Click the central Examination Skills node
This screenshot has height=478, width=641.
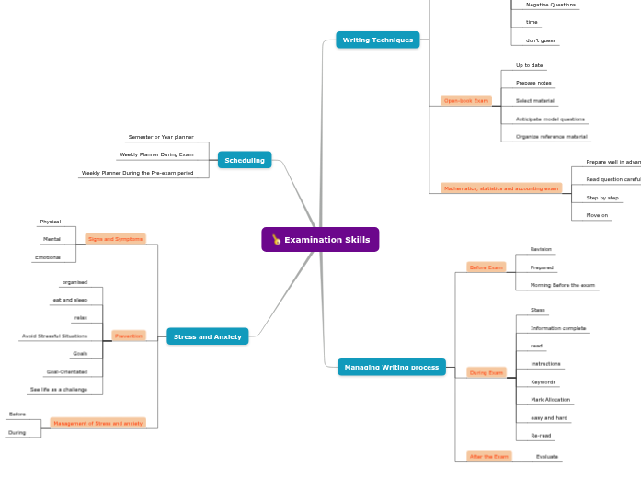320,240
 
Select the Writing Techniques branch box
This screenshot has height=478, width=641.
377,40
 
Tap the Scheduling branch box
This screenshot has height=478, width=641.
245,160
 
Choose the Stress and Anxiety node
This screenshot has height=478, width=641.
207,336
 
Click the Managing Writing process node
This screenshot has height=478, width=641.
391,367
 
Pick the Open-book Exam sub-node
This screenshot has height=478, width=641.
465,100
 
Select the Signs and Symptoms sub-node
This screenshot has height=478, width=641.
115,238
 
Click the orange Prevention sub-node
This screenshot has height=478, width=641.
129,336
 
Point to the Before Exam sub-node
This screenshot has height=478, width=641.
486,267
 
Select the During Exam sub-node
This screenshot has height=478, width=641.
486,372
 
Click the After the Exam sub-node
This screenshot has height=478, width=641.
488,456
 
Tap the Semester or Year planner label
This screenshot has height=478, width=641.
161,137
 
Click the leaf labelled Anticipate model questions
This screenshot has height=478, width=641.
550,119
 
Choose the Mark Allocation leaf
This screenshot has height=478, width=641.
550,400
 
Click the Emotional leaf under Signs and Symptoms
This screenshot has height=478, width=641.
48,257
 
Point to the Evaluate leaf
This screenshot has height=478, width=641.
547,456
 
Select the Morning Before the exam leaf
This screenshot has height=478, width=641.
562,285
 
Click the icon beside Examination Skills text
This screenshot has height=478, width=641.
276,240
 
